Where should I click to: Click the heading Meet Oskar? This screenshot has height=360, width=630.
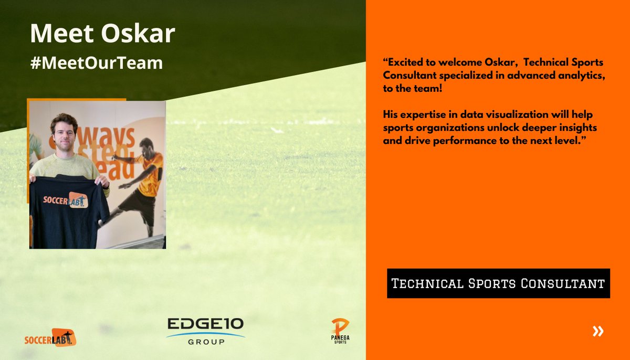click(102, 33)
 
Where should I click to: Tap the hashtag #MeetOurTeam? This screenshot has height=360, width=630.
click(97, 63)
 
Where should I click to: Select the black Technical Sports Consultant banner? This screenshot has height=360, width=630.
click(498, 284)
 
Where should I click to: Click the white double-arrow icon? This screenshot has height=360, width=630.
click(597, 331)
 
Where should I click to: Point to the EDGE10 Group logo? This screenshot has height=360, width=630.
click(205, 331)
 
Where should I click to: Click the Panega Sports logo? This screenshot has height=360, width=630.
click(340, 331)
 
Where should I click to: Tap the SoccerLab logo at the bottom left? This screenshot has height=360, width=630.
click(50, 337)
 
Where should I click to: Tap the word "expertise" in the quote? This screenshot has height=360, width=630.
click(422, 114)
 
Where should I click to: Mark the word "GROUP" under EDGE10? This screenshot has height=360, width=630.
click(205, 342)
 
